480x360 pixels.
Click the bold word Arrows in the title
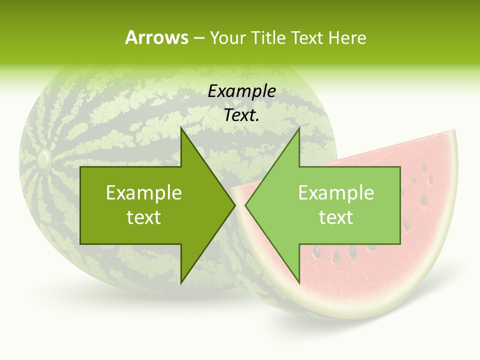point(156,37)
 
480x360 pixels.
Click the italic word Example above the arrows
point(241,91)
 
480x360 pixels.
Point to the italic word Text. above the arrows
point(241,115)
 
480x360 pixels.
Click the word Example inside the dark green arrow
point(143,193)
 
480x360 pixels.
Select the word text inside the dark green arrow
point(143,217)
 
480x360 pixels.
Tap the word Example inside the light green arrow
point(336,193)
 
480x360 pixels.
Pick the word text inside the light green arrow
point(336,217)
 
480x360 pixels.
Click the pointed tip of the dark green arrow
point(234,205)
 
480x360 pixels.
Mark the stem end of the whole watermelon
point(43,159)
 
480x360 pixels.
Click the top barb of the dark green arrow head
point(181,129)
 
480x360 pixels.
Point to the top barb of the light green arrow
point(299,129)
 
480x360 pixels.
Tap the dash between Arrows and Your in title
point(198,38)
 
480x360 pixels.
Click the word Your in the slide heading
point(227,37)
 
